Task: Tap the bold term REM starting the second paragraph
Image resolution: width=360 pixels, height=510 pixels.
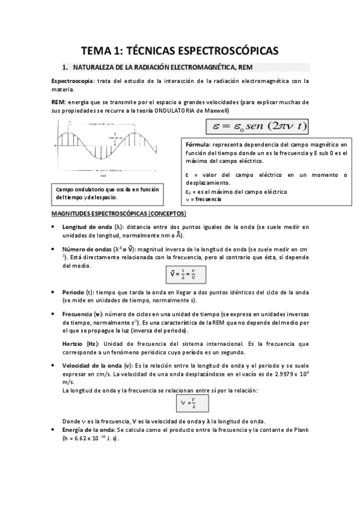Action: [x=58, y=102]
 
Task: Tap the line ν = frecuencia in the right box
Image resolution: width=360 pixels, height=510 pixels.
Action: [x=204, y=199]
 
